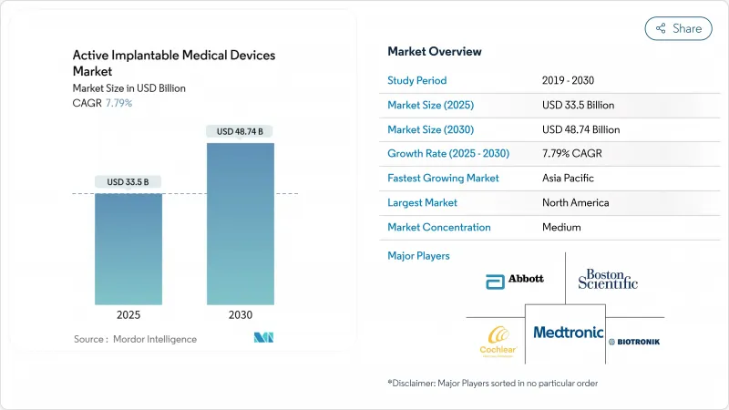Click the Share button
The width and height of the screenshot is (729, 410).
(x=678, y=28)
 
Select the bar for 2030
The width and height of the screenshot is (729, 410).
(x=240, y=223)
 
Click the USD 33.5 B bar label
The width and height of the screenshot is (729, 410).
(x=128, y=182)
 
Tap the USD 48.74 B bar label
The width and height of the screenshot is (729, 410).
(x=240, y=132)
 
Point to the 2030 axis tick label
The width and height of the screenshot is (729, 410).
(x=240, y=314)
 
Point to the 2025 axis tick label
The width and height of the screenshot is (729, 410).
(x=128, y=314)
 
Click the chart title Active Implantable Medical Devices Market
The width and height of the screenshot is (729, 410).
(x=173, y=63)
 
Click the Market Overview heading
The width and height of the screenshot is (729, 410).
(x=435, y=51)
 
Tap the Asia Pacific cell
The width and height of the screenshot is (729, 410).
(x=568, y=179)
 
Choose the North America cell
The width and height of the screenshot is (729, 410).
(x=575, y=202)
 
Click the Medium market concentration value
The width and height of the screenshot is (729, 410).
(x=560, y=227)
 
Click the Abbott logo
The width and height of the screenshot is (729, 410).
(x=515, y=279)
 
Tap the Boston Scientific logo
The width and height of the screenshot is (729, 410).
(x=608, y=279)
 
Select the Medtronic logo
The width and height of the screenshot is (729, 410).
(x=567, y=333)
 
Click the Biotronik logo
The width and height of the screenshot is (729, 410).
(x=634, y=342)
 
